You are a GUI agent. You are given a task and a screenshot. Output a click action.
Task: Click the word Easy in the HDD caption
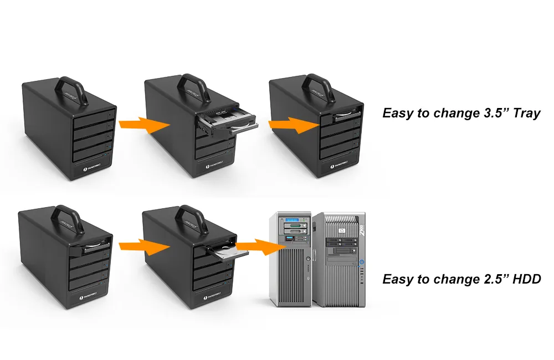398,279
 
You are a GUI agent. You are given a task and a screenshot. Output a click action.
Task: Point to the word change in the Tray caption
448,114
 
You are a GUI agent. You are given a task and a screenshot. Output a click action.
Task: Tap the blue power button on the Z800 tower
361,262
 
